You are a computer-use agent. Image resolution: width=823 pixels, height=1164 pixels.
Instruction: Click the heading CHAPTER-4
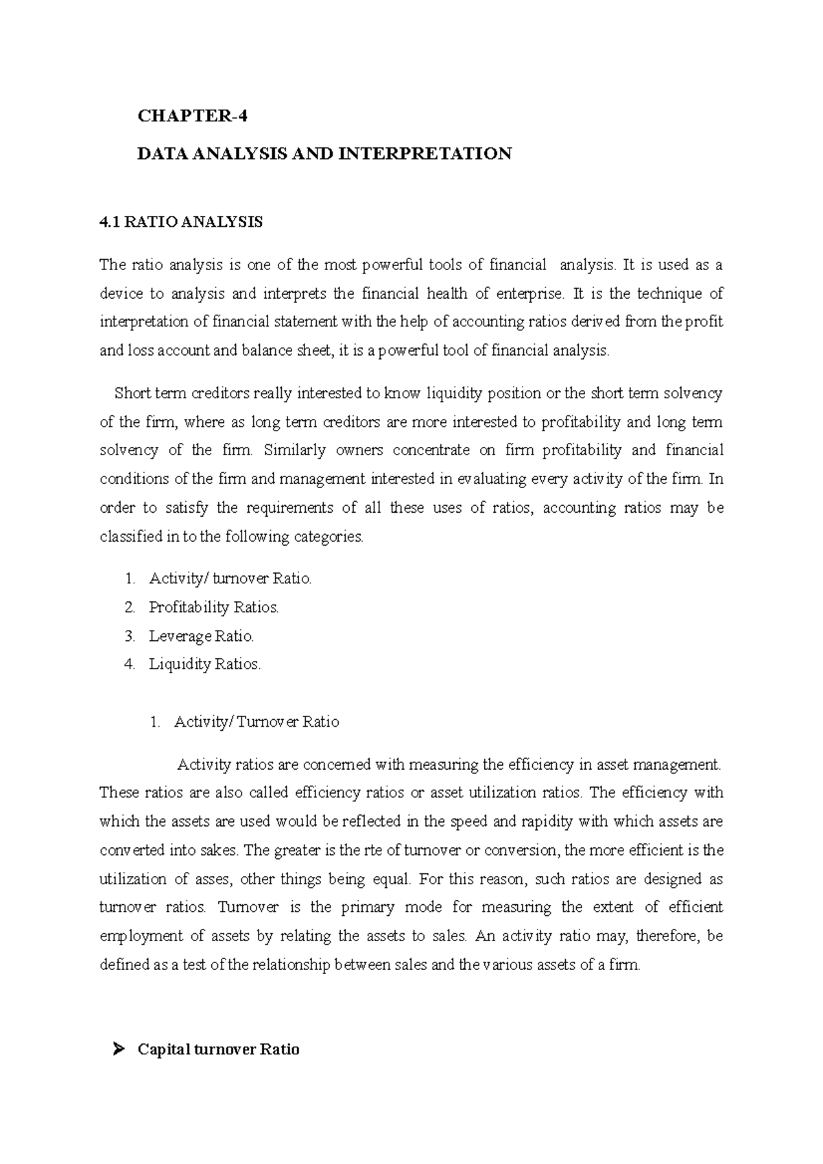coord(192,117)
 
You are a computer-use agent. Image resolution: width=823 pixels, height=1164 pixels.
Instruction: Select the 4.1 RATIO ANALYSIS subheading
coord(181,223)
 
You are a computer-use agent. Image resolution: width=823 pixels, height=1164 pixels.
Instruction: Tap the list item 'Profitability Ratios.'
coord(214,607)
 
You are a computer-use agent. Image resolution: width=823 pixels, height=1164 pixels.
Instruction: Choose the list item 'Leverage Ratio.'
coord(201,636)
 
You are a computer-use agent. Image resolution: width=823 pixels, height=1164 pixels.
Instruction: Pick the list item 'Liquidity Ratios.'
coord(205,664)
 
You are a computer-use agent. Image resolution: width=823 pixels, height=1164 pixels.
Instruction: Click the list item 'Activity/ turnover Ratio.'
coord(230,579)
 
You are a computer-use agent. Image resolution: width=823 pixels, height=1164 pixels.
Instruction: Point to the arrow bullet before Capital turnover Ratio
coord(118,1050)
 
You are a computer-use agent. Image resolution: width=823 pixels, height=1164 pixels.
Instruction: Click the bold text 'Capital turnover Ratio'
coord(218,1050)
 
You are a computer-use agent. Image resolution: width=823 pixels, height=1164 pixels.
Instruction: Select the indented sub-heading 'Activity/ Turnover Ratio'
coord(257,722)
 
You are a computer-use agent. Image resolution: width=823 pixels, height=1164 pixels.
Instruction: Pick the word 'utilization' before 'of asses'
coord(134,880)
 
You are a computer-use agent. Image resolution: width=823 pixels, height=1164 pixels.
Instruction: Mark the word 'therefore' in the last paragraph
coord(666,936)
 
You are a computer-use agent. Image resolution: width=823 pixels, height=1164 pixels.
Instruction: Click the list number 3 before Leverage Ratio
coord(130,636)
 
